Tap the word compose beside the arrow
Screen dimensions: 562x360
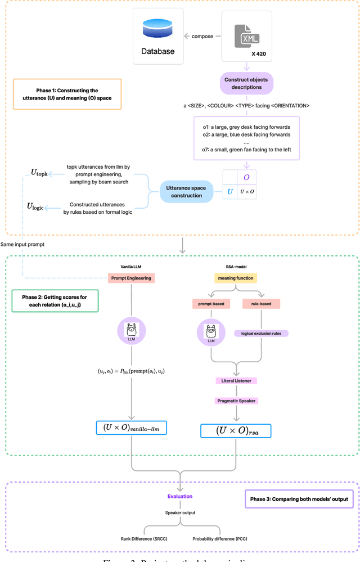(x=202, y=36)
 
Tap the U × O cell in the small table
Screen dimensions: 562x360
(x=246, y=192)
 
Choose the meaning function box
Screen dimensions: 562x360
(x=235, y=277)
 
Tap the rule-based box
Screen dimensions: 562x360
(x=260, y=304)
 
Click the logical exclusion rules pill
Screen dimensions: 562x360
(x=260, y=333)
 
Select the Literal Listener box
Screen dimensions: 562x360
(x=235, y=381)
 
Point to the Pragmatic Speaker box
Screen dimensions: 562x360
(x=235, y=401)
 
